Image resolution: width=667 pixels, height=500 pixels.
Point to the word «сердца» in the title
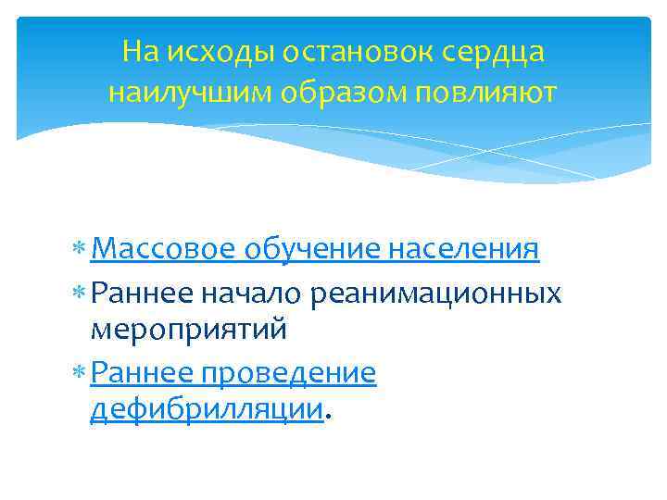[x=497, y=53]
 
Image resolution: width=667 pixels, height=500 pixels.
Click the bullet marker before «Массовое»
[x=82, y=251]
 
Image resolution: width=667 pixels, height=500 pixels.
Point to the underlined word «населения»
[x=463, y=249]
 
